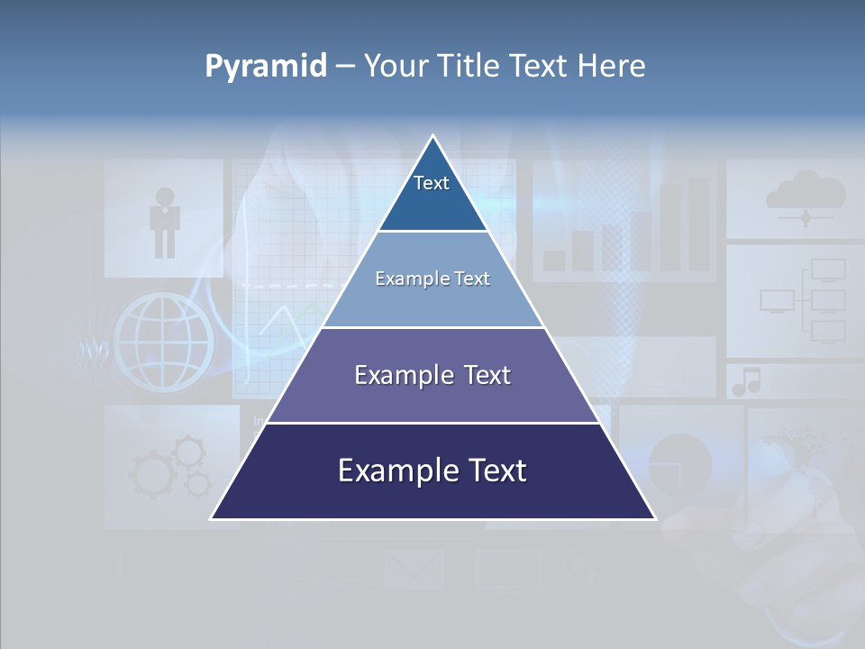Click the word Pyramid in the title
click(266, 67)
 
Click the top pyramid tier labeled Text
click(432, 194)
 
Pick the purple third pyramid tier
click(432, 376)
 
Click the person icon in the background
click(165, 222)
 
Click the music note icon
click(746, 382)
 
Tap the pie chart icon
click(680, 465)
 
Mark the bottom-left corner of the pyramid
click(212, 518)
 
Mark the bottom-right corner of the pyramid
click(654, 518)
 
